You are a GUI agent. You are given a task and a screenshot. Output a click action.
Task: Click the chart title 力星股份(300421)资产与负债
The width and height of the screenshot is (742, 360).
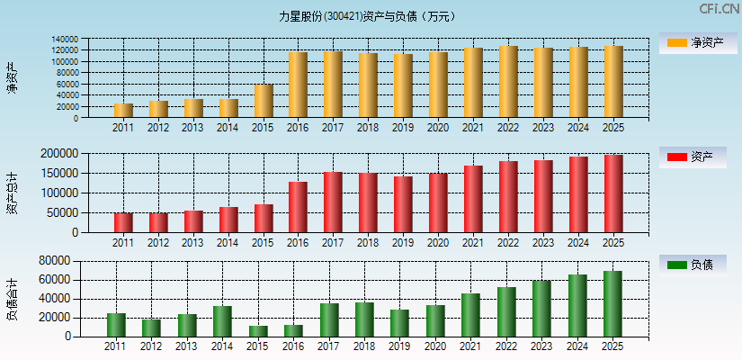[x=367, y=16]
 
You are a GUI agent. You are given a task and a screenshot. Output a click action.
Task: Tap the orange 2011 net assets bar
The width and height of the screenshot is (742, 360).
[x=123, y=111]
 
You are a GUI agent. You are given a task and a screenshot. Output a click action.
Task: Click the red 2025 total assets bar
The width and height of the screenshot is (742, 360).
[x=613, y=193]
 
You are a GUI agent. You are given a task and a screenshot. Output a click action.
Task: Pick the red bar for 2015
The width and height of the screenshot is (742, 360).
[x=264, y=218]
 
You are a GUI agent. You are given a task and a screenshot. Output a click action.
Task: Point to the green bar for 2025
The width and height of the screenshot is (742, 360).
[x=612, y=303]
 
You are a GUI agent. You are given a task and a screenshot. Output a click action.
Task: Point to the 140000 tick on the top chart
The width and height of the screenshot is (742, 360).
[x=90, y=40]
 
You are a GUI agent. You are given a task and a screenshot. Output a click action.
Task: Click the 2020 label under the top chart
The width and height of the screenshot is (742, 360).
[x=438, y=128]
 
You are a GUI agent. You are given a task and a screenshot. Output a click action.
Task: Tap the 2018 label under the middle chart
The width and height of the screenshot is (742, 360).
[x=368, y=242]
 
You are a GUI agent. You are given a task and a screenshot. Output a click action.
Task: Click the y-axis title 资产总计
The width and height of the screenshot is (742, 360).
[x=12, y=193]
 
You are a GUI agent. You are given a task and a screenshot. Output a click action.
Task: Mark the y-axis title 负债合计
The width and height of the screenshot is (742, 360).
[x=12, y=299]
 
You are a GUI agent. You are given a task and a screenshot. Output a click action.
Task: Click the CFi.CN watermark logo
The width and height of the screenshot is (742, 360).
[x=719, y=9]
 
